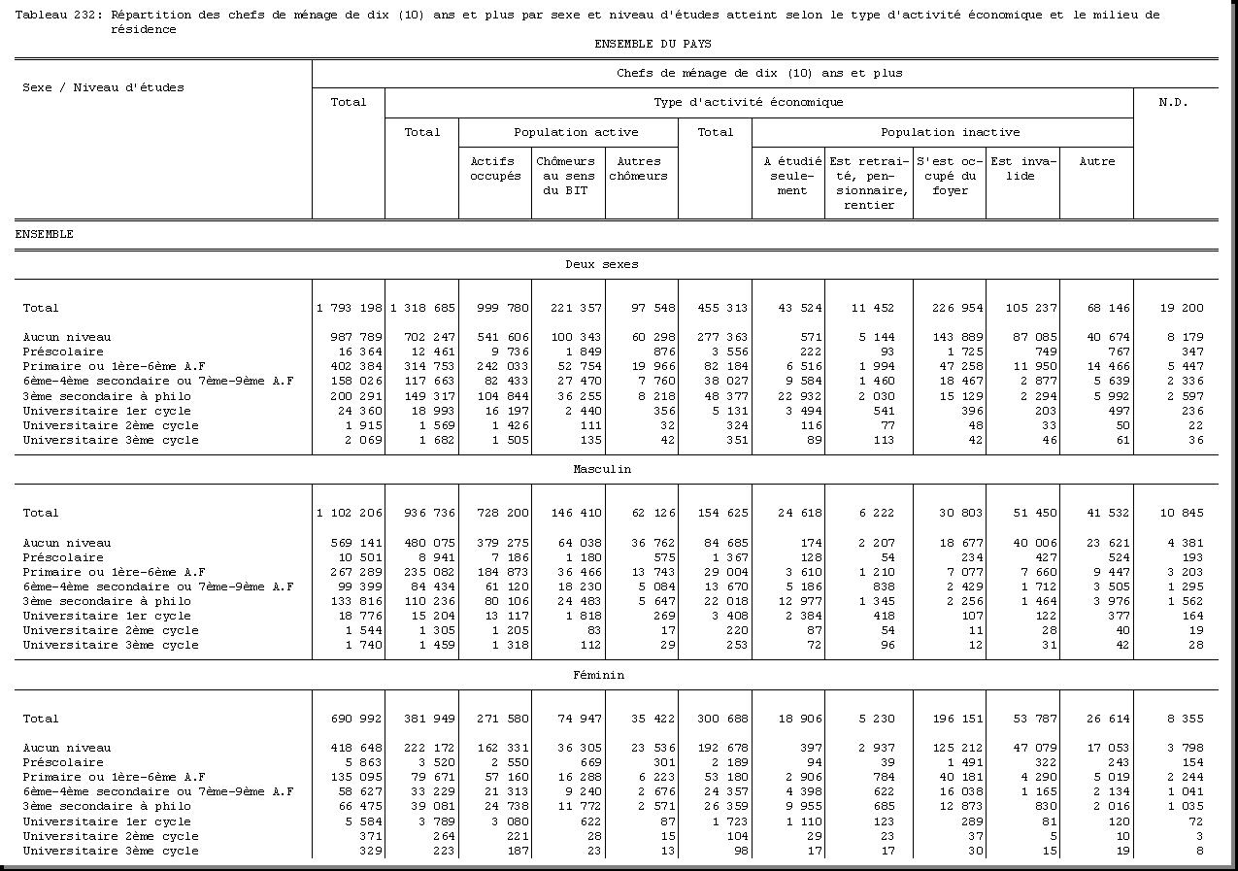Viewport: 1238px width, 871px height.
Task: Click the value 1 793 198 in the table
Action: pyautogui.click(x=349, y=308)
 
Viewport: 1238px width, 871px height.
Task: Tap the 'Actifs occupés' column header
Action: pyautogui.click(x=495, y=169)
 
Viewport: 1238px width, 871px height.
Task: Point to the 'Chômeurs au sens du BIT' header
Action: pyautogui.click(x=568, y=176)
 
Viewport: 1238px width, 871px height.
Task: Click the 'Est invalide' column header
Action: pyautogui.click(x=1021, y=169)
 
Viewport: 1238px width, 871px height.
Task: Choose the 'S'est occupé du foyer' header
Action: pyautogui.click(x=949, y=176)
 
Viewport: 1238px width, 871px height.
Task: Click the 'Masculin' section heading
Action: pyautogui.click(x=602, y=469)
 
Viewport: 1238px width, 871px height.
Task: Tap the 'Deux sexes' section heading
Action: pyautogui.click(x=602, y=264)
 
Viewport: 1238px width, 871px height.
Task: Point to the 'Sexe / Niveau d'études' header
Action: pyautogui.click(x=103, y=87)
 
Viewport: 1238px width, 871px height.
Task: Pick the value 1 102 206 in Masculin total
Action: pyautogui.click(x=349, y=513)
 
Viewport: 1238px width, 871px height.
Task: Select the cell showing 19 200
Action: pyautogui.click(x=1180, y=308)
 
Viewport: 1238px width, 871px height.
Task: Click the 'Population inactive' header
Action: pyautogui.click(x=950, y=132)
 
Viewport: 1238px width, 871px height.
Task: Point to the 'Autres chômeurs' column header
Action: pyautogui.click(x=638, y=169)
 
